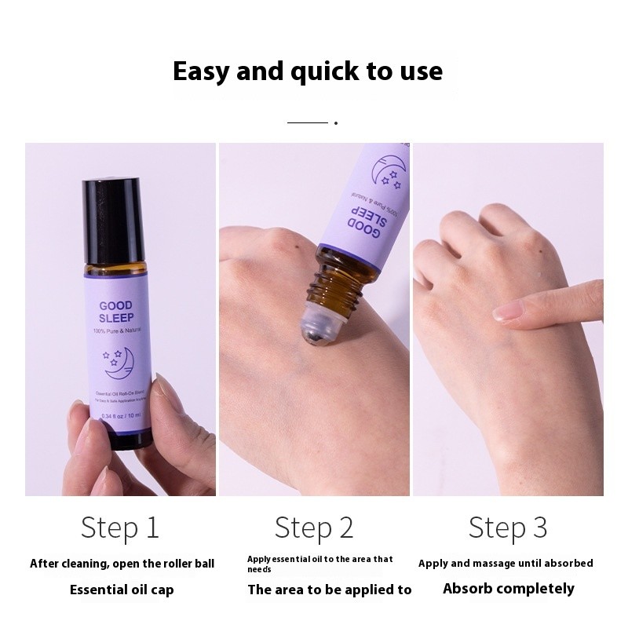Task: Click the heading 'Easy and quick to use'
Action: coord(308,71)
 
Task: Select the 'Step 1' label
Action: coord(119,528)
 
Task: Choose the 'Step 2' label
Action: coord(314,528)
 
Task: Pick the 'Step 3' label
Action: coord(508,528)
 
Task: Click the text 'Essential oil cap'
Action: coord(122,589)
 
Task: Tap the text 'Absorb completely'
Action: coord(508,588)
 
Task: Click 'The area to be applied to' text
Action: coord(329,589)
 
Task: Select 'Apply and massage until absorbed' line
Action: coord(506,563)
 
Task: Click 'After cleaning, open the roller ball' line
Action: coord(122,563)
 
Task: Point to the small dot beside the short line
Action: coord(336,123)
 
